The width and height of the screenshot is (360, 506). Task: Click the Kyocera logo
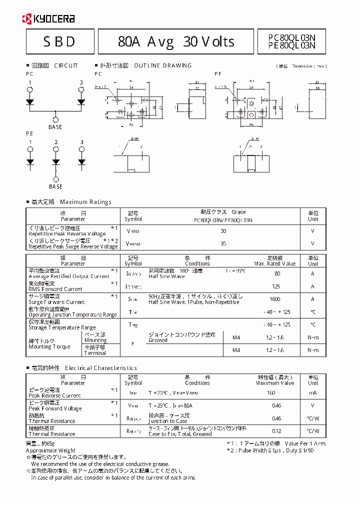tap(48, 19)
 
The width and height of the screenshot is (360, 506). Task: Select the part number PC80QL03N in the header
tap(292, 37)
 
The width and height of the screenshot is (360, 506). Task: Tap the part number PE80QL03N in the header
tap(292, 45)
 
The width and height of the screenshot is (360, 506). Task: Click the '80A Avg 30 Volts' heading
tap(176, 41)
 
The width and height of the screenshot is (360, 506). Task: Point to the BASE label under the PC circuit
tap(55, 127)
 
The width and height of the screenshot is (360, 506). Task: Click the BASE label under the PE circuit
tap(55, 186)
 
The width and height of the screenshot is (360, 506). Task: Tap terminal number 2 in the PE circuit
tap(56, 142)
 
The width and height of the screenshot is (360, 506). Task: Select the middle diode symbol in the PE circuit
tap(56, 161)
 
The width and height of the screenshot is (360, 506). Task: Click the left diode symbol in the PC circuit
tap(30, 101)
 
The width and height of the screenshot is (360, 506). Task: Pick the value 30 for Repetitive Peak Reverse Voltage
tap(223, 231)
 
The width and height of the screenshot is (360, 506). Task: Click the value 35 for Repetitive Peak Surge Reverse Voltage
tap(223, 243)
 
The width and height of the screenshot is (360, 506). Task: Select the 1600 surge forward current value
tap(274, 299)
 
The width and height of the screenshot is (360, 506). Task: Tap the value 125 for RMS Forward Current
tap(275, 286)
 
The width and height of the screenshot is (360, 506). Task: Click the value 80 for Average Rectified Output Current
tap(277, 273)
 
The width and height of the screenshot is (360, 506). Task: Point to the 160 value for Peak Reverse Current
tap(271, 392)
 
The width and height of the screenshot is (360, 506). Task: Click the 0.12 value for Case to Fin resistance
tap(276, 430)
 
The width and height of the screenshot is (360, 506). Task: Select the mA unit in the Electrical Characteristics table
tap(312, 392)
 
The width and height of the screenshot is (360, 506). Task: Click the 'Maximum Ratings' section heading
tap(85, 202)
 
